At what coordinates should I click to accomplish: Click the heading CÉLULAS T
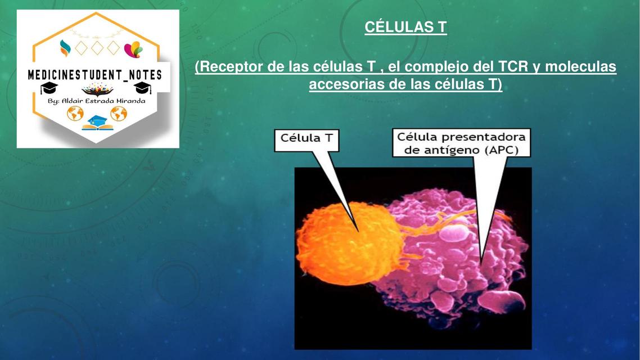click(x=405, y=27)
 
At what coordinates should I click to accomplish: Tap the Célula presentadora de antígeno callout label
click(x=462, y=143)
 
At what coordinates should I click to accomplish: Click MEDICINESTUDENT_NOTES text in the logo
click(x=95, y=75)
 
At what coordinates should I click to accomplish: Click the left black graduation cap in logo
click(x=49, y=88)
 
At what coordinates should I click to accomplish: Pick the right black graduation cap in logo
click(x=142, y=88)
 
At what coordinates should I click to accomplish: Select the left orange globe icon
click(x=75, y=114)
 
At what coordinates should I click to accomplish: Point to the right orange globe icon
click(x=119, y=114)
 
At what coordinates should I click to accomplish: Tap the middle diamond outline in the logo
click(x=97, y=48)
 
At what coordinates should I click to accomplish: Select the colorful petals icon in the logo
click(x=133, y=49)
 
